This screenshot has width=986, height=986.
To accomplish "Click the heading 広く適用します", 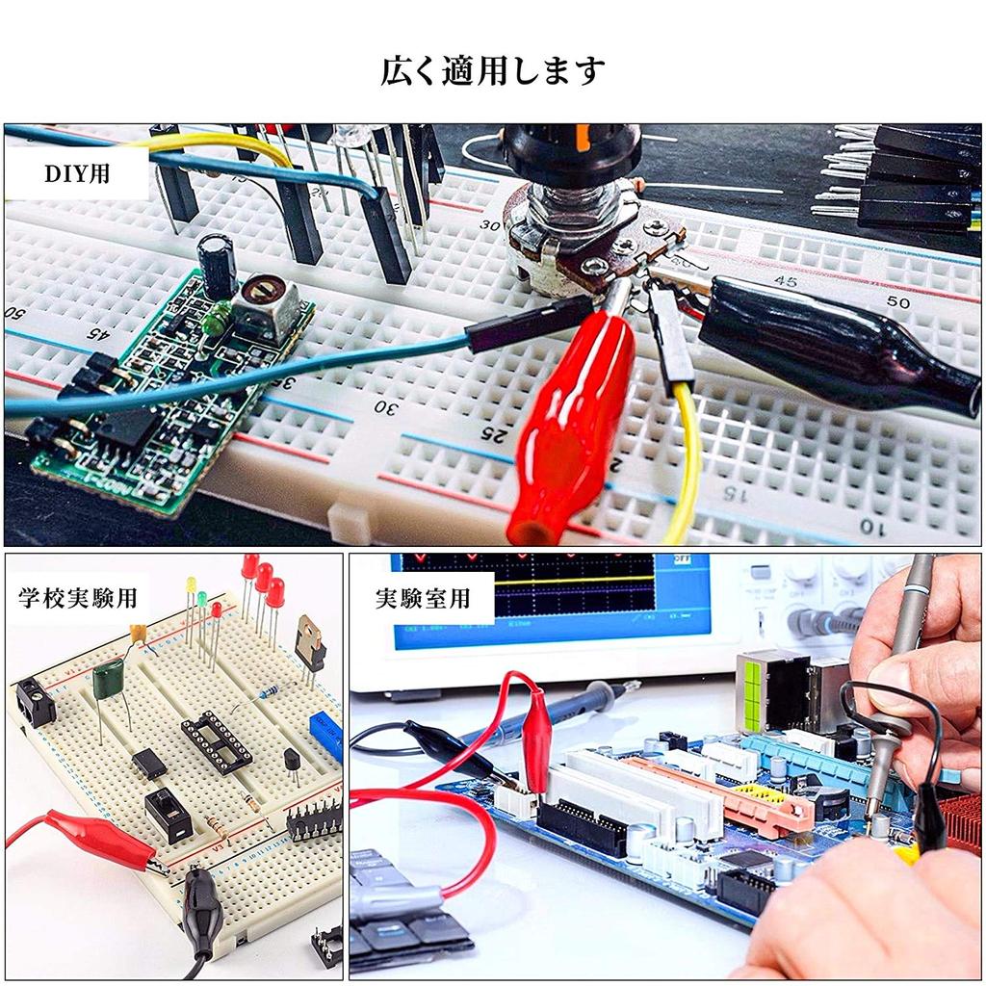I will [x=492, y=71].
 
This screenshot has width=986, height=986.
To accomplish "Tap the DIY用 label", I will [x=78, y=176].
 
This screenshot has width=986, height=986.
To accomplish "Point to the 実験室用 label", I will [x=423, y=597].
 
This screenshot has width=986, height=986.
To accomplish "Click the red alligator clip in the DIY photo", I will [x=568, y=424].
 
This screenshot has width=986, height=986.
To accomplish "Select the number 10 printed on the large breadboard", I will [x=871, y=526].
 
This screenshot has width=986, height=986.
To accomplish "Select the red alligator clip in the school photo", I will [x=96, y=834].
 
